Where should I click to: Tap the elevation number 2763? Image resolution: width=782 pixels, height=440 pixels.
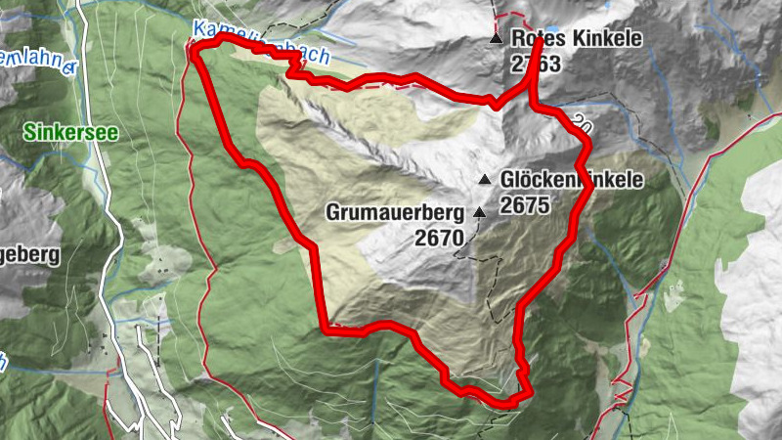click(x=535, y=65)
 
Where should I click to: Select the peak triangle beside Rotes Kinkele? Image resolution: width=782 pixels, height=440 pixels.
click(x=497, y=40)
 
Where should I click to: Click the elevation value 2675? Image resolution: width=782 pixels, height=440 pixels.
click(x=526, y=205)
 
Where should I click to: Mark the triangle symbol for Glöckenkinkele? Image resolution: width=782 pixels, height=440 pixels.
click(x=485, y=180)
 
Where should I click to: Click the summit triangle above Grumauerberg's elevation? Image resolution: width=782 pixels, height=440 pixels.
click(x=479, y=212)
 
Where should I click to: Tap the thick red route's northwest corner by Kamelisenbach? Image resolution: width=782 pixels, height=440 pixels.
click(x=195, y=49)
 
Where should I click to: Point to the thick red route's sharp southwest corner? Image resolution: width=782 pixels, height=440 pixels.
click(x=326, y=330)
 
